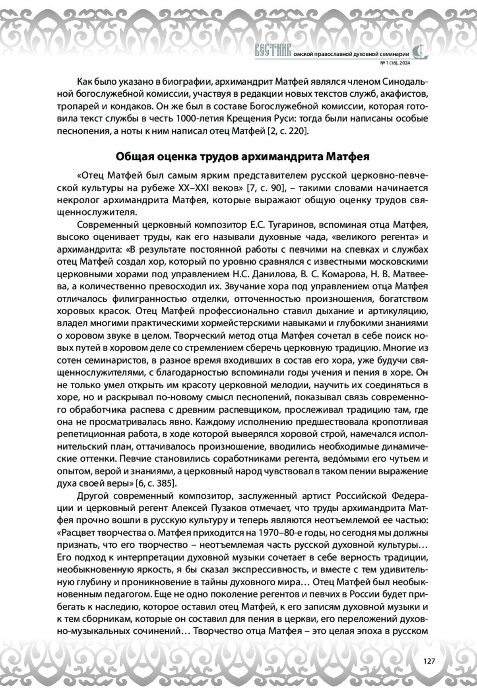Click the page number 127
(x=429, y=661)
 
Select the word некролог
(x=76, y=200)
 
